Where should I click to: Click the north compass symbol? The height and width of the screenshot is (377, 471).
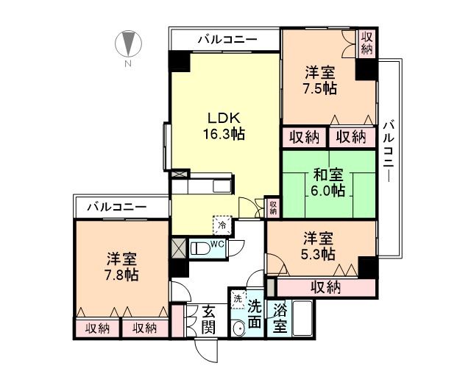tap(128, 43)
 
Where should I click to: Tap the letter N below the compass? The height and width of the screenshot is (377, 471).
tap(128, 64)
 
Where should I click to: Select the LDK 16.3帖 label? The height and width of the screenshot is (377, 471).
tap(224, 126)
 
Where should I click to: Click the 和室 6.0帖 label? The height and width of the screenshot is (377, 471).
tap(327, 183)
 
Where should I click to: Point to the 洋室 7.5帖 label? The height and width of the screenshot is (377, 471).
tap(320, 80)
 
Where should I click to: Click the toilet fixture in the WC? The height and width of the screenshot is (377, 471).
tap(202, 249)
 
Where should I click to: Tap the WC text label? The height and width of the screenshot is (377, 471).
tap(219, 244)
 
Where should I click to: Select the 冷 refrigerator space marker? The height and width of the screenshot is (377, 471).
tap(222, 225)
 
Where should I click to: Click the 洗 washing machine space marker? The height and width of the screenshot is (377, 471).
tap(238, 300)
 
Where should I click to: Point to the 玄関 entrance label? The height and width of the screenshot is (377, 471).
tap(208, 320)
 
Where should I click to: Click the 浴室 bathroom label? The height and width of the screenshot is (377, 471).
tap(280, 320)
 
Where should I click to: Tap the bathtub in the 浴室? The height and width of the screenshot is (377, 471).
tap(302, 318)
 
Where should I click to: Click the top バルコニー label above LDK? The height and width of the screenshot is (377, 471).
tap(227, 39)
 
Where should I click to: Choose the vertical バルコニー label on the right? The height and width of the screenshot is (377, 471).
tap(389, 151)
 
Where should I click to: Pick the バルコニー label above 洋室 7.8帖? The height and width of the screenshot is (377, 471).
tap(117, 207)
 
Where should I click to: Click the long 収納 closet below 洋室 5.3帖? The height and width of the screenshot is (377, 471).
tap(326, 288)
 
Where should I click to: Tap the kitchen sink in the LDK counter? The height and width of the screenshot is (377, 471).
tap(222, 186)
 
